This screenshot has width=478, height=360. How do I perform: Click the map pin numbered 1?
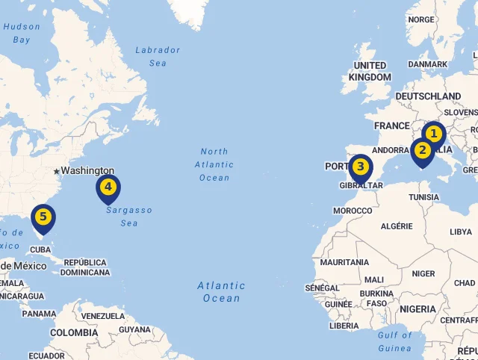coord(433,135)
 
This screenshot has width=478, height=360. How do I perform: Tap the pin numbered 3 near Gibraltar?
coord(361,167)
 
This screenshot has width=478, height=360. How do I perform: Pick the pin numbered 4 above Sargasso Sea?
coord(108,187)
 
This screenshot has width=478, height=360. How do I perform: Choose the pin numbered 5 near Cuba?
coord(43,218)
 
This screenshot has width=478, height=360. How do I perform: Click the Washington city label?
coord(87,171)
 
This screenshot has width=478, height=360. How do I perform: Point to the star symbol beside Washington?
coord(56,171)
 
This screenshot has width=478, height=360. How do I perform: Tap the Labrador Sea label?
coord(158,57)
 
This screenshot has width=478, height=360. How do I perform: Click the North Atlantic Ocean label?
coord(214,165)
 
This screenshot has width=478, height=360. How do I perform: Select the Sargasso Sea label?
coord(128,217)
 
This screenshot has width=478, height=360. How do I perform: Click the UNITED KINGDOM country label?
coord(370,72)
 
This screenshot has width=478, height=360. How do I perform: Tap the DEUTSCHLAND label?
coord(428,96)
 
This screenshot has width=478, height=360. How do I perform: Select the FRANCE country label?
coord(392,125)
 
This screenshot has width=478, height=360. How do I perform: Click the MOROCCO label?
coord(353,211)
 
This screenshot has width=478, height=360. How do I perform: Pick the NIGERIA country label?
coord(418,309)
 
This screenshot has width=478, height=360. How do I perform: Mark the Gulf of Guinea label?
coord(394,342)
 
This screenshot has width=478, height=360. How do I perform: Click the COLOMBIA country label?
coord(73,332)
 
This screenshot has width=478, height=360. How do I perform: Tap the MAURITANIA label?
coord(344,263)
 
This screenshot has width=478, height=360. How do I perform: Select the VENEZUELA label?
coord(103,316)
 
